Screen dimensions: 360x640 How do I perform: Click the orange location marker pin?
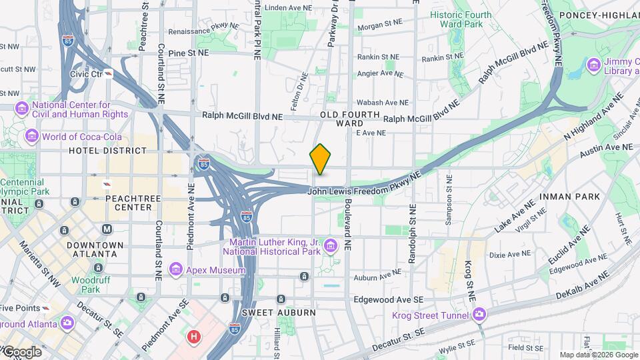[x=321, y=159]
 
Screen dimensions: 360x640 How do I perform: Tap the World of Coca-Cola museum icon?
[x=31, y=137]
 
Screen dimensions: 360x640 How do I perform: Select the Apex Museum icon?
[x=176, y=268]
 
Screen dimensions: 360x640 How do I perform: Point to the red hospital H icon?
[x=193, y=337]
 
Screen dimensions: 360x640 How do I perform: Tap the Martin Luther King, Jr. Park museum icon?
[x=329, y=247]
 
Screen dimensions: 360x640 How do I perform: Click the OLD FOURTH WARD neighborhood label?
[x=350, y=119]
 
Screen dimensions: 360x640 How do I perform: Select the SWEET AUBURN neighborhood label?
[x=269, y=312]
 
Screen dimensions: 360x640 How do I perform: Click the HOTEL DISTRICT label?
[x=107, y=151]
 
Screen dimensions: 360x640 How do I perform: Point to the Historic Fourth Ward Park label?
[x=460, y=19]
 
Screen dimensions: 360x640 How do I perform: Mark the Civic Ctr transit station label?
[x=87, y=74]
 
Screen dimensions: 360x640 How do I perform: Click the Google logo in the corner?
[x=21, y=351]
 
